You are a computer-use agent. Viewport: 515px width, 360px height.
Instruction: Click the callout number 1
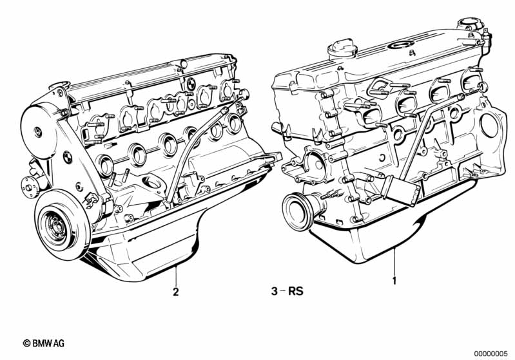[394, 281]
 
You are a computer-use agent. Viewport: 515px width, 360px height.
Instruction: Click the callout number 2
[175, 291]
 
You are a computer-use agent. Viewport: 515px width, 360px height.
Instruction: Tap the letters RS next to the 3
[295, 291]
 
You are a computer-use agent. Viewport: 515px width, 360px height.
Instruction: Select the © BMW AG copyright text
[44, 344]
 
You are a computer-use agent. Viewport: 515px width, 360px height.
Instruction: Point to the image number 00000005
[492, 353]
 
